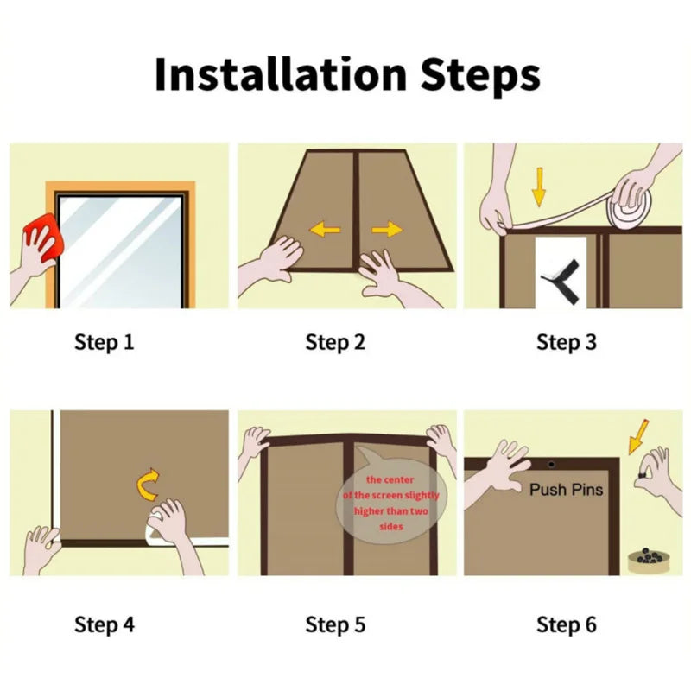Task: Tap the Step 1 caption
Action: click(x=105, y=342)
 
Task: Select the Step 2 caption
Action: click(x=335, y=342)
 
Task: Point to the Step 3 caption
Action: click(x=566, y=342)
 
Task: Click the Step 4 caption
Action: click(x=105, y=624)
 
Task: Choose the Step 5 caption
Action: click(x=335, y=624)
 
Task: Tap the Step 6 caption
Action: click(x=566, y=624)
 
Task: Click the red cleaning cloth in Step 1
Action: click(x=42, y=241)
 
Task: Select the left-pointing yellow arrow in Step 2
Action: click(x=325, y=230)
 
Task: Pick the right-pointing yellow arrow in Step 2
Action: click(x=387, y=229)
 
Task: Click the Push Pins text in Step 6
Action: click(x=566, y=490)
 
